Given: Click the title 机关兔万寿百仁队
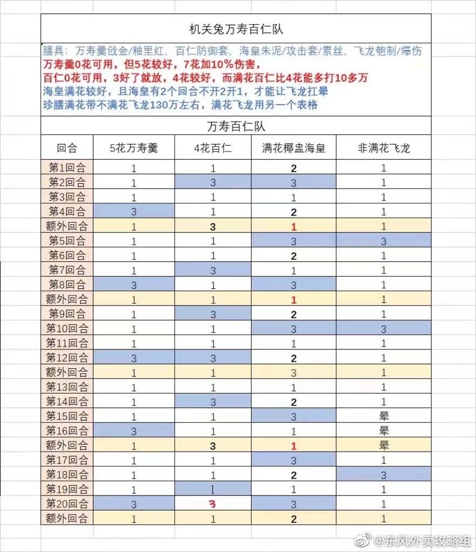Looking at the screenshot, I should [x=236, y=29].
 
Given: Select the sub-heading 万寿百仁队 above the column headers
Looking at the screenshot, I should [x=236, y=127].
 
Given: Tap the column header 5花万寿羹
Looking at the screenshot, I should [x=134, y=148].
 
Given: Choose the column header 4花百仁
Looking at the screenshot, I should [x=213, y=148].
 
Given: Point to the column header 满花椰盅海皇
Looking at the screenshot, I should [x=294, y=148].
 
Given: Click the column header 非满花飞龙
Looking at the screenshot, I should [x=384, y=148].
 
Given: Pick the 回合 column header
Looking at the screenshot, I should [x=67, y=148].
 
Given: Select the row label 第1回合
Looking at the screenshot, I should [x=67, y=168].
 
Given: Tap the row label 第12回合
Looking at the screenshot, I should [x=67, y=357].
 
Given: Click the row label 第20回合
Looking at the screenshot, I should [x=67, y=503].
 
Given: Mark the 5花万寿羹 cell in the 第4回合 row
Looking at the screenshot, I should [x=134, y=211].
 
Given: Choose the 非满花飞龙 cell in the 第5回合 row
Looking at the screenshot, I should [x=384, y=240].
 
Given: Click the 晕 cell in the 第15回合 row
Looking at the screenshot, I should [x=384, y=416].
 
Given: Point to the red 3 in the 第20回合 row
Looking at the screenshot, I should [x=213, y=504].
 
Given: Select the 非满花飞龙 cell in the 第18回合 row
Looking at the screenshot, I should [x=384, y=475].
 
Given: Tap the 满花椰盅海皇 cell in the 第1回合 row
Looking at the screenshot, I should [x=294, y=168].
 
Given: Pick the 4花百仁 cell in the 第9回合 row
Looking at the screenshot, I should [x=213, y=314].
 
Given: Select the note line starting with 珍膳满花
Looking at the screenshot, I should [x=180, y=105].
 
